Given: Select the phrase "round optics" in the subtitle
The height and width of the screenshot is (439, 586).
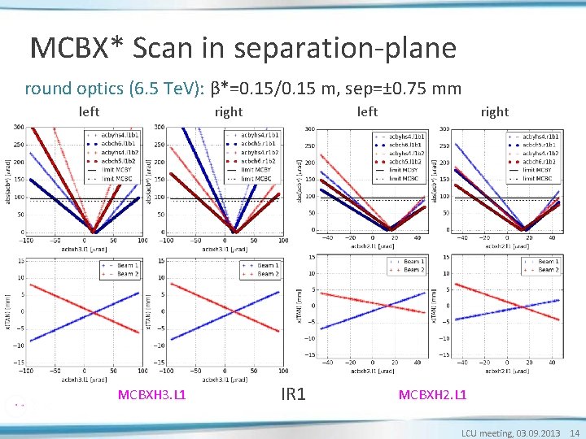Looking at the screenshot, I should (71, 88).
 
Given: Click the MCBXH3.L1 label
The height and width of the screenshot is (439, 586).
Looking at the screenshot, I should (152, 395).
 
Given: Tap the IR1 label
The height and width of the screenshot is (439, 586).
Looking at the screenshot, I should (293, 395).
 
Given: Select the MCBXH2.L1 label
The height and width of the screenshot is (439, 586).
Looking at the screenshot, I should (432, 395).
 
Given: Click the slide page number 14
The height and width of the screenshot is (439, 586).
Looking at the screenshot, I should (575, 432).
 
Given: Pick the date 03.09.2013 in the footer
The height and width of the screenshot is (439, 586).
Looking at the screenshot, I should (540, 432).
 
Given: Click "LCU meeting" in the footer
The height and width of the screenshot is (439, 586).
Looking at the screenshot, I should (488, 432).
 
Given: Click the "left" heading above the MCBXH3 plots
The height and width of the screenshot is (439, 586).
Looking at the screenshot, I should (90, 111).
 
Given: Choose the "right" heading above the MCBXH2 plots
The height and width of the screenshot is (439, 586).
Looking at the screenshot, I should (494, 111).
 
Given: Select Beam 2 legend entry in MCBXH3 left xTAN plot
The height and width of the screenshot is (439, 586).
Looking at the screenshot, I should (125, 274).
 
